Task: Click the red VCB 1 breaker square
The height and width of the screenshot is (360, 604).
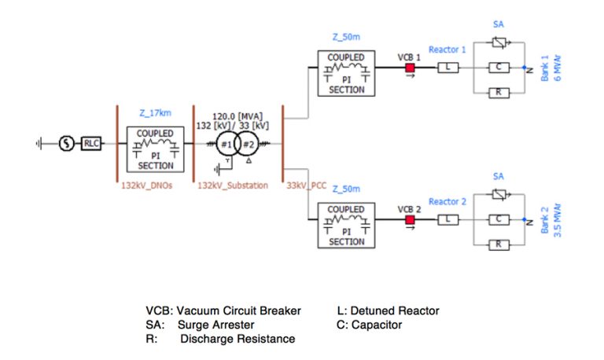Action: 409,68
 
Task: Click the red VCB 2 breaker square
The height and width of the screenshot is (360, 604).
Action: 409,220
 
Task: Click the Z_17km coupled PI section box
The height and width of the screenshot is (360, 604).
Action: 156,149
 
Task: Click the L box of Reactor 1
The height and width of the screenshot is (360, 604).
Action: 447,68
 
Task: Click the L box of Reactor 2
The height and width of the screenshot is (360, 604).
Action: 447,220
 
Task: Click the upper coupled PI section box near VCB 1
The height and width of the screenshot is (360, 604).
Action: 346,73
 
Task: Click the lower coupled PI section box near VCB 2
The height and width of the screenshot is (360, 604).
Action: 346,226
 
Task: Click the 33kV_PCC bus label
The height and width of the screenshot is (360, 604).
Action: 306,187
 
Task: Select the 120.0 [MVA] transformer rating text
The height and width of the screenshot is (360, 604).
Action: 238,116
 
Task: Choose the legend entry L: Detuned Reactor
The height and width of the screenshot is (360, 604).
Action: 387,310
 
